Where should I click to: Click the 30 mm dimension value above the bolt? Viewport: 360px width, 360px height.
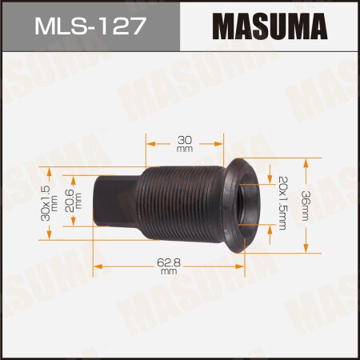[x=184, y=143]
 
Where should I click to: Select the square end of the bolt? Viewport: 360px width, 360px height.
[x=109, y=203]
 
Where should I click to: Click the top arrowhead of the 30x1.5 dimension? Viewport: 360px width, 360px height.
[x=50, y=170]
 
